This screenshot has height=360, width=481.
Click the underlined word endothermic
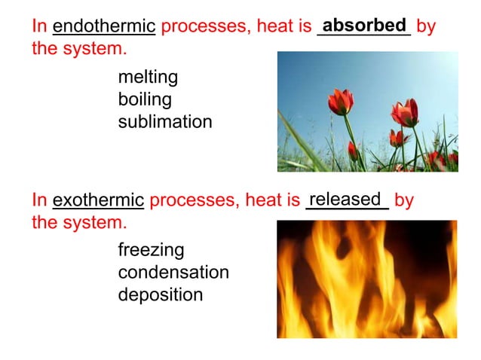(x=104, y=28)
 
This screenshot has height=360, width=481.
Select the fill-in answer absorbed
(x=364, y=25)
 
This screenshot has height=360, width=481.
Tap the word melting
(x=148, y=78)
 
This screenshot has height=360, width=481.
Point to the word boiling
(x=145, y=99)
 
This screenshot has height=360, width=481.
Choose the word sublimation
(x=165, y=121)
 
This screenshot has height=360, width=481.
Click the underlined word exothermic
(x=98, y=201)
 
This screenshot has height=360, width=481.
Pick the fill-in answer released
(x=346, y=199)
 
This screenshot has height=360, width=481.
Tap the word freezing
(x=151, y=249)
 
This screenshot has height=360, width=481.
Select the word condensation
(x=173, y=272)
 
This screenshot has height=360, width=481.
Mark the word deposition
(x=161, y=294)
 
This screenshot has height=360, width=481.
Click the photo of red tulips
(x=367, y=111)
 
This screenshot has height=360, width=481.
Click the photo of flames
(x=366, y=279)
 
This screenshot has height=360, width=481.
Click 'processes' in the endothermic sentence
(x=198, y=28)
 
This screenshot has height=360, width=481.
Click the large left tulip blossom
(x=341, y=102)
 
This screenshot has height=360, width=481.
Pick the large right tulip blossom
(x=405, y=113)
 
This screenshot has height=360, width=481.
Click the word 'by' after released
(x=404, y=201)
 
